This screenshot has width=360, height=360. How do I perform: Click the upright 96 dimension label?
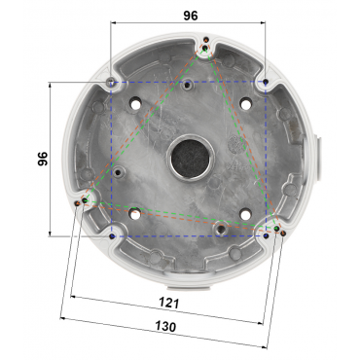(x=191, y=16)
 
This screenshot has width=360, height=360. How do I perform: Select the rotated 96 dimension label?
(x=43, y=159)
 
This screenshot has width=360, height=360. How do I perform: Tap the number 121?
(x=168, y=303)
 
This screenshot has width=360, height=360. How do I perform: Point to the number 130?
(x=165, y=326)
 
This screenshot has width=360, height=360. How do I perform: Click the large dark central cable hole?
(x=191, y=158)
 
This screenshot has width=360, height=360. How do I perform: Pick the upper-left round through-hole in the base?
(x=135, y=104)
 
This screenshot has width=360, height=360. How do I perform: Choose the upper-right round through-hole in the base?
(x=246, y=104)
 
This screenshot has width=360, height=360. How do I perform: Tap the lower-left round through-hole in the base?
(x=135, y=213)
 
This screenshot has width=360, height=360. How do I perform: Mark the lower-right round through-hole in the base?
(x=246, y=213)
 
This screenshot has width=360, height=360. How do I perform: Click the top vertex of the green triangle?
(x=205, y=49)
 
